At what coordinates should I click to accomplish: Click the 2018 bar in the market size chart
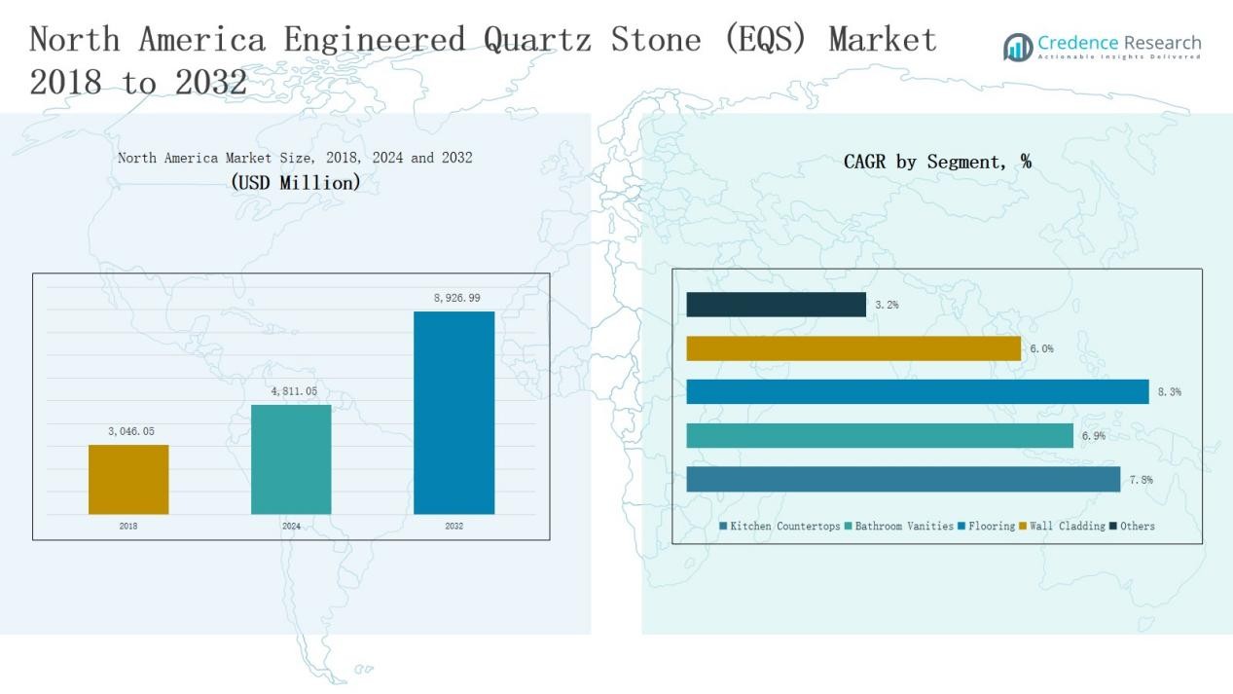pos(128,479)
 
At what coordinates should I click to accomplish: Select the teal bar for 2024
pos(291,458)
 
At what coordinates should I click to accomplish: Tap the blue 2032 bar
pos(453,412)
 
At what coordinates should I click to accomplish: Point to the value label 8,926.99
pos(456,298)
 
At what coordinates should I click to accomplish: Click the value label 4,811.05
pos(294,391)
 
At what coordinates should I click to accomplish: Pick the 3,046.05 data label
pos(130,431)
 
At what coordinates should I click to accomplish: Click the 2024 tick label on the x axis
pos(291,527)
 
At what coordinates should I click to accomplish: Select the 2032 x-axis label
pos(453,527)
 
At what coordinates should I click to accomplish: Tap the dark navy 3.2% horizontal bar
pos(776,305)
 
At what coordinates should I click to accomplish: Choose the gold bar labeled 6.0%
pos(853,348)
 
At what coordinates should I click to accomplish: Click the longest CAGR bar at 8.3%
pos(917,391)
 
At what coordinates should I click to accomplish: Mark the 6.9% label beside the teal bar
pos(1093,436)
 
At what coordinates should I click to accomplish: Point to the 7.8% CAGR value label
pos(1142,480)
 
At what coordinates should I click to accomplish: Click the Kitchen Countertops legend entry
pos(780,527)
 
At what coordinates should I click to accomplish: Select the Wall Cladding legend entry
pos(1062,527)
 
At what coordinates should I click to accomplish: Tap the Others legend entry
pos(1132,527)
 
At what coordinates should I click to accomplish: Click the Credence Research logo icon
pos(1018,47)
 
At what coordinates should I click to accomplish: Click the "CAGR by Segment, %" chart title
pos(937,163)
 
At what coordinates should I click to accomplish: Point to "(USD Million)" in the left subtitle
pos(295,182)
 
